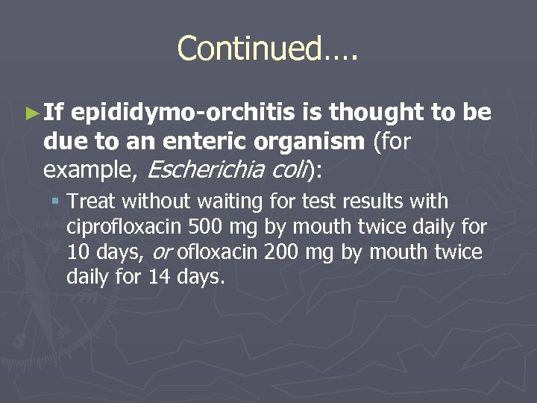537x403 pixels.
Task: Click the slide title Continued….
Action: click(x=268, y=49)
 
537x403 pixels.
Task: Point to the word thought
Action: click(x=377, y=113)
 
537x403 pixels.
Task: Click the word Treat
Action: click(x=92, y=201)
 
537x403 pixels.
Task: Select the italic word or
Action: click(x=164, y=253)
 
